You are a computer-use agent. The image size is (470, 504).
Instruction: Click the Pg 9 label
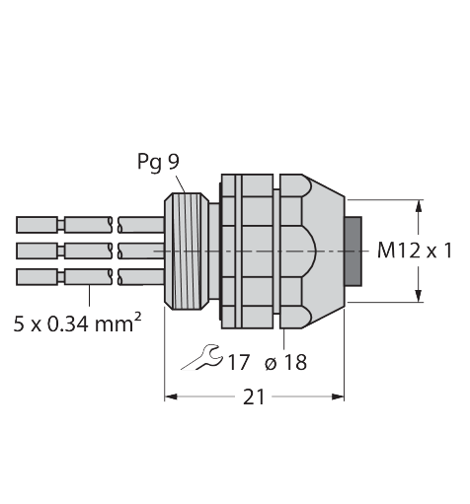(158, 162)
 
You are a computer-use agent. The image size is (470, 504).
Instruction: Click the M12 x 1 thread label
(415, 251)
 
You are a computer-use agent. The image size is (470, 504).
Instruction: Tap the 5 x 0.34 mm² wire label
(78, 324)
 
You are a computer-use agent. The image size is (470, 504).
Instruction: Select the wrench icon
(202, 357)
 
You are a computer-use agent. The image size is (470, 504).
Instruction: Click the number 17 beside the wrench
(238, 362)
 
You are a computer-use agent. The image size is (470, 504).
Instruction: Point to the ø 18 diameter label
(285, 362)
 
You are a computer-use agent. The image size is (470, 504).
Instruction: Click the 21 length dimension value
(254, 396)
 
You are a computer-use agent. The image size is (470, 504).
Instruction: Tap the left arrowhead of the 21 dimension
(171, 396)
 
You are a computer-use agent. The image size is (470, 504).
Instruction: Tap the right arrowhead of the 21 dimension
(338, 396)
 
